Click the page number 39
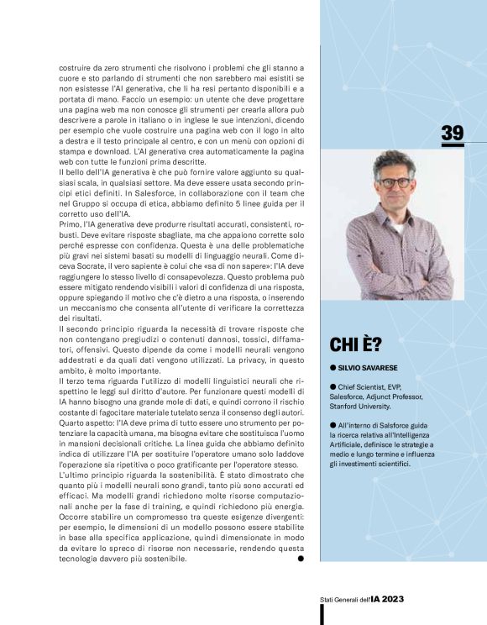click(453, 132)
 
